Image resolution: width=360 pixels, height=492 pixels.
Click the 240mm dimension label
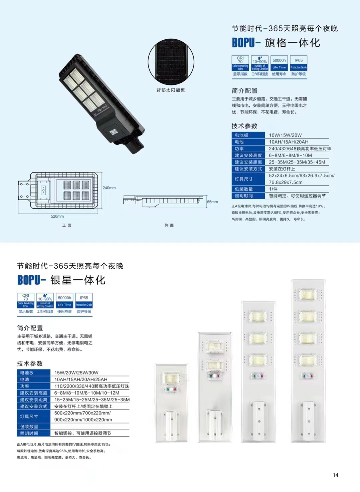tap(109, 188)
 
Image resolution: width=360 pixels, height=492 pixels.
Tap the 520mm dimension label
tap(57, 216)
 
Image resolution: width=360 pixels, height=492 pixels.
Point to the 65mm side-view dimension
tap(212, 202)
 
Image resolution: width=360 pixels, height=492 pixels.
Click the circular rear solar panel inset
tap(171, 62)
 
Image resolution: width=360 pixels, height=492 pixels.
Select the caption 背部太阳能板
tap(171, 90)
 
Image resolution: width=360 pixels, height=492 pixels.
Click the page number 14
tap(336, 475)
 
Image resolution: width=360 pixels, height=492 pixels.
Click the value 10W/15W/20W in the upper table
tap(285, 135)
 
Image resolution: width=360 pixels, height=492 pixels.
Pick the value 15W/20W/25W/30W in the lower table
tap(76, 373)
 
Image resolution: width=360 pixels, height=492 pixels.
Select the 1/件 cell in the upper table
tap(273, 189)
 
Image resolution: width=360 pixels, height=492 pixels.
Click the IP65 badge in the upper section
tap(299, 63)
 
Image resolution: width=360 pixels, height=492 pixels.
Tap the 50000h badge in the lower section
tap(64, 301)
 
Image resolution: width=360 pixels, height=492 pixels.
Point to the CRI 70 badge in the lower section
tap(26, 301)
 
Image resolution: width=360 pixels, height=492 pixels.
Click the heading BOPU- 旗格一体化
tap(276, 43)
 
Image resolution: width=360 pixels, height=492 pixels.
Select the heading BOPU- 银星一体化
tap(61, 280)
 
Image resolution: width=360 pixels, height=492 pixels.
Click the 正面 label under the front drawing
tap(66, 225)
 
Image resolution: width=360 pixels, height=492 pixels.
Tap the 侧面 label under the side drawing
tap(169, 225)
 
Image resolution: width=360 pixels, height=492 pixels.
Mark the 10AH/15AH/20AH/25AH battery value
tap(81, 380)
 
